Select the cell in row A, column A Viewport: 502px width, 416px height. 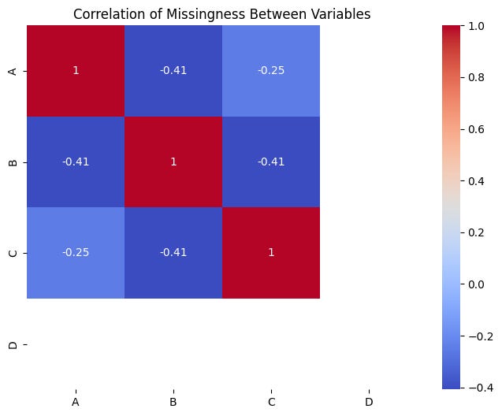pyautogui.click(x=76, y=71)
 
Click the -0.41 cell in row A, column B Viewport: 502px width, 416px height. pyautogui.click(x=173, y=71)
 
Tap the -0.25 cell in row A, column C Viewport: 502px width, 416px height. pyautogui.click(x=271, y=71)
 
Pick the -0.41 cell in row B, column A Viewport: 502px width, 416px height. pyautogui.click(x=76, y=162)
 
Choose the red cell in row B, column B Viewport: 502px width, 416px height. pyautogui.click(x=173, y=162)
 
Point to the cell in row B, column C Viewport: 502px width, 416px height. pyautogui.click(x=271, y=162)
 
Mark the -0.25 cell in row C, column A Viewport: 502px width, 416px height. pyautogui.click(x=76, y=253)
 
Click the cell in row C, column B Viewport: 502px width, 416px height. pyautogui.click(x=173, y=253)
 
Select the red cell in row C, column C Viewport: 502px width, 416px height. pyautogui.click(x=271, y=253)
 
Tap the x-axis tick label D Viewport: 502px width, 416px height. pyautogui.click(x=369, y=403)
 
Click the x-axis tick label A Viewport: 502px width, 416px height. pyautogui.click(x=76, y=403)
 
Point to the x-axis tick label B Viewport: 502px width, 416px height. pyautogui.click(x=173, y=403)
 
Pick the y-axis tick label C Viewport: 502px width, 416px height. pyautogui.click(x=10, y=253)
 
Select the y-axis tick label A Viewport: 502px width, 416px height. pyautogui.click(x=10, y=71)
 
